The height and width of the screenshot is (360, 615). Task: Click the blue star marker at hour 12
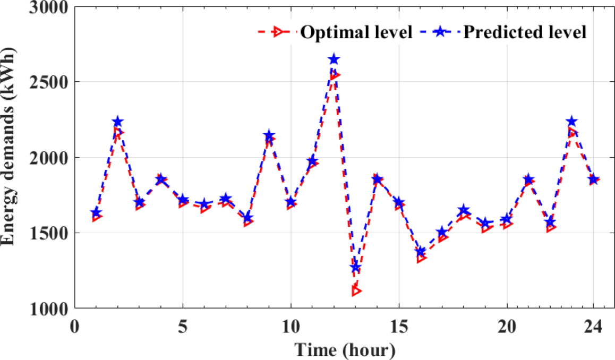click(x=334, y=59)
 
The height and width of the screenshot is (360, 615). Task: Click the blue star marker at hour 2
click(x=118, y=122)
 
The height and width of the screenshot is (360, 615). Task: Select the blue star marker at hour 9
click(x=269, y=135)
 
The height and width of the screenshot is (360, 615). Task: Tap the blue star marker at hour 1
click(x=96, y=213)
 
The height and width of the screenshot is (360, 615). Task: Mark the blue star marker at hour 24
click(x=594, y=179)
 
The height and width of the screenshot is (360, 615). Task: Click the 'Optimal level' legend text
click(x=356, y=32)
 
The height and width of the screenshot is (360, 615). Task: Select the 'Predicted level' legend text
click(x=525, y=32)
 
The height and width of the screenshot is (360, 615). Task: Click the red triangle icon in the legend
click(x=277, y=32)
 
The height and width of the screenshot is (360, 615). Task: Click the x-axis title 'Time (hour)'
click(x=345, y=349)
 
